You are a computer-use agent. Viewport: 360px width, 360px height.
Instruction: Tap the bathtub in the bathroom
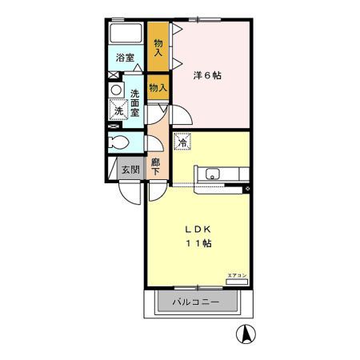click(x=126, y=34)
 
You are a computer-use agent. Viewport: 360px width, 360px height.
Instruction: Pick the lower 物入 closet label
click(x=158, y=87)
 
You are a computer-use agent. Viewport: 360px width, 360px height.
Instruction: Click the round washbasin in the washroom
click(x=116, y=90)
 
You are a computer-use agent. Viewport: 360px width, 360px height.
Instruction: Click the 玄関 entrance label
click(x=130, y=170)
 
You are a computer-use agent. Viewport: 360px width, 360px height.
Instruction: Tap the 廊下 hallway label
click(x=157, y=165)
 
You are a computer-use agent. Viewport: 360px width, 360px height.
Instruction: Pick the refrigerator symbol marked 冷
click(x=182, y=142)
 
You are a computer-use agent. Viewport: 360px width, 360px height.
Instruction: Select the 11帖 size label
click(x=198, y=243)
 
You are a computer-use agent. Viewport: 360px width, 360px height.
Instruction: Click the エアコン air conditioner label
click(x=236, y=274)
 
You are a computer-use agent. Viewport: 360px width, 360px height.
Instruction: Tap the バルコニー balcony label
click(x=196, y=302)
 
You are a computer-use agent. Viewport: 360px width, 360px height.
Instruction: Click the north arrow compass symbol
click(x=246, y=334)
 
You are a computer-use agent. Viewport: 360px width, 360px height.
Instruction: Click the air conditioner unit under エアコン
click(x=237, y=281)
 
